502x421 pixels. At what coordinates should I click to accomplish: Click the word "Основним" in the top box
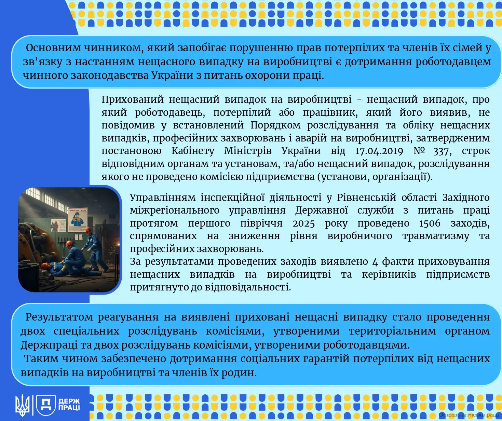(53, 48)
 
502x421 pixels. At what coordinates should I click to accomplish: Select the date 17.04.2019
(379, 151)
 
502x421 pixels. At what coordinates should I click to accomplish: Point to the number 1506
(430, 223)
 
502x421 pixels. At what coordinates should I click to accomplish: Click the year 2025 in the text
(304, 223)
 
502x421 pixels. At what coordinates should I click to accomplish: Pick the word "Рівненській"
(366, 198)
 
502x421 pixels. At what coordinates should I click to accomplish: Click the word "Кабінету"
(193, 151)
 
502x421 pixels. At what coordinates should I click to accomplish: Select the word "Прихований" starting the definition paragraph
(133, 99)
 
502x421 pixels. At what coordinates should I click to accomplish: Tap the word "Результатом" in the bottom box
(59, 317)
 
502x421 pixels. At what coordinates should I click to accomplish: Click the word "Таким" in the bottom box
(41, 359)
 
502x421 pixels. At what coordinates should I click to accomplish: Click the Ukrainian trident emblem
(23, 405)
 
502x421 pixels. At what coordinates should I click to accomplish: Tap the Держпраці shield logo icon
(46, 405)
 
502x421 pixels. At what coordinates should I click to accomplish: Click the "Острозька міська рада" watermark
(469, 415)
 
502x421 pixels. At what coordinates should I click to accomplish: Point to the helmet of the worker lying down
(45, 266)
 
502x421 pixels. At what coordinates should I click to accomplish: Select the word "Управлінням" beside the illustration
(163, 198)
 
